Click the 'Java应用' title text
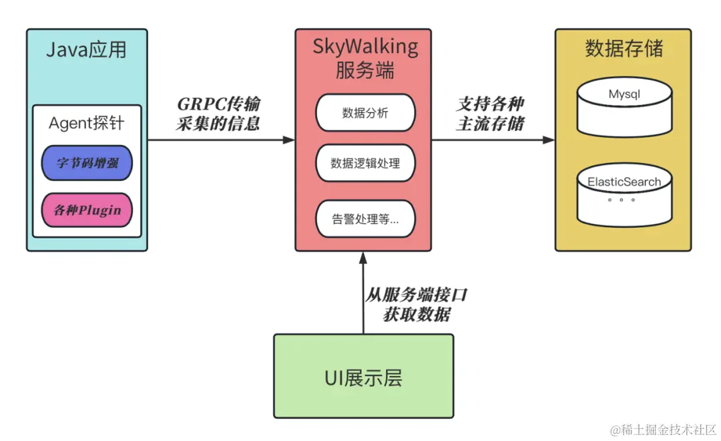tap(86, 50)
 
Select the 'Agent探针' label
tap(87, 124)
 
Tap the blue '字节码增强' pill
tap(87, 162)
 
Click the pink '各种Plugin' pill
tap(87, 210)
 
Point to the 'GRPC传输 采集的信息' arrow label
tap(219, 114)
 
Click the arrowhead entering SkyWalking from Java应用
tap(288, 140)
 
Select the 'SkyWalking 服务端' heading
tap(365, 58)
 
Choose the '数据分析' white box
tap(365, 113)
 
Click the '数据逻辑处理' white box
tap(365, 162)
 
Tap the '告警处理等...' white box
tap(365, 218)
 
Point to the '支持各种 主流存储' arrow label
tap(491, 114)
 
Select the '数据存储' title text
tap(624, 49)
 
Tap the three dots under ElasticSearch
tap(621, 200)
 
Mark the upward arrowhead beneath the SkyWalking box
tap(363, 258)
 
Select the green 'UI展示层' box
tap(363, 376)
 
